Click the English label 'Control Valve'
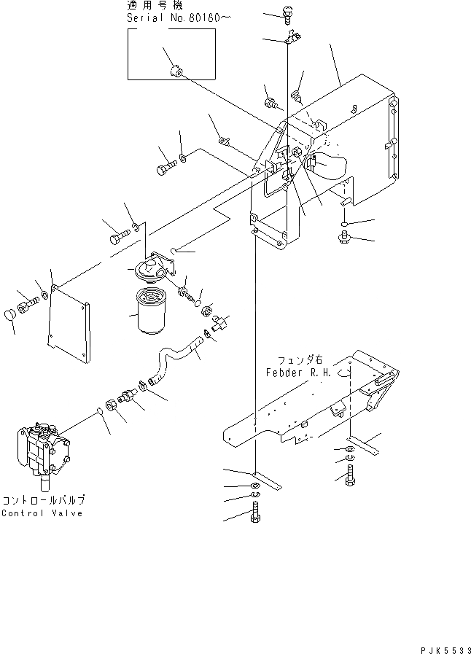coord(42,513)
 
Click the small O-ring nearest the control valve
coord(97,413)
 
